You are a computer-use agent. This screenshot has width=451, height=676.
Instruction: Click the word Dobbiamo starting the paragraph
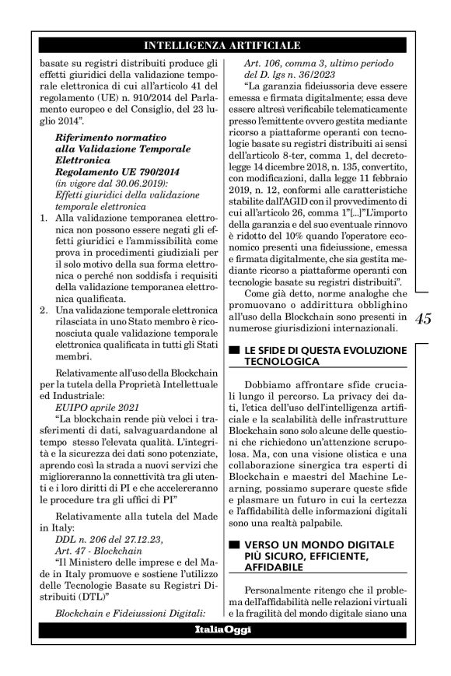coord(271,386)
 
